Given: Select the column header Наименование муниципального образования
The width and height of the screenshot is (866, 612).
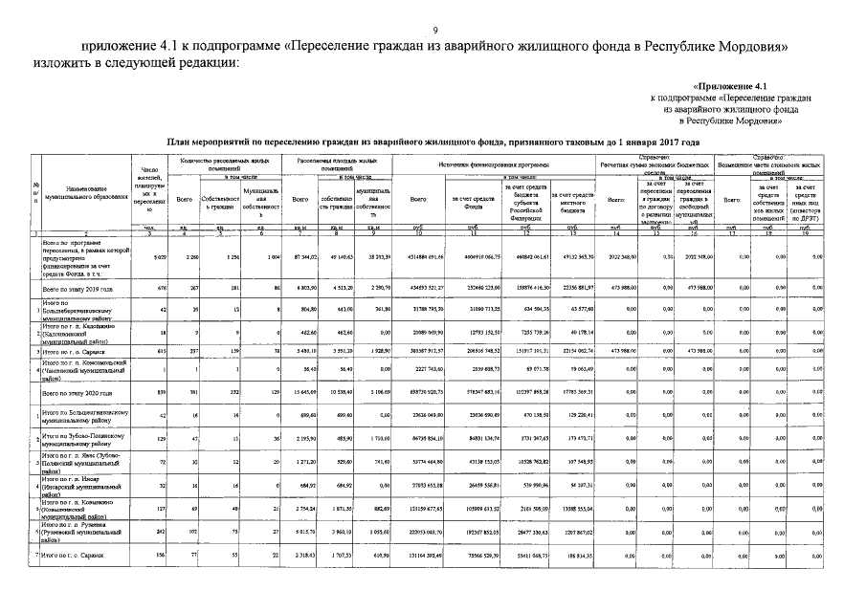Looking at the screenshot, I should pos(87,191).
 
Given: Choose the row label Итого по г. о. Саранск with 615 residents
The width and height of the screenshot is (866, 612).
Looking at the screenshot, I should pos(81,353).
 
